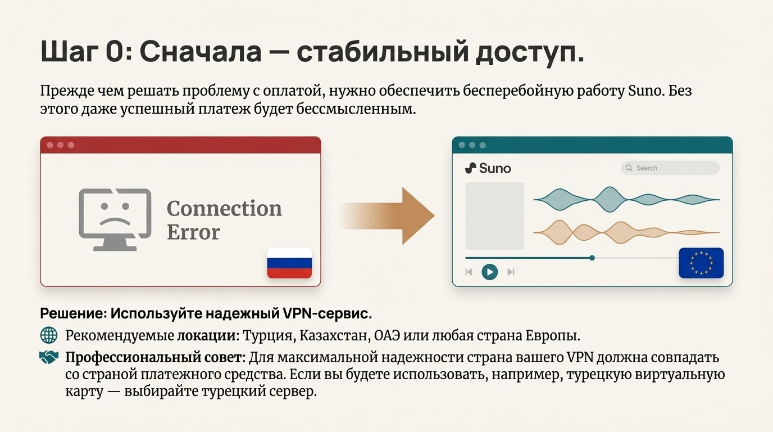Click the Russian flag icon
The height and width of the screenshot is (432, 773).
coord(289,263)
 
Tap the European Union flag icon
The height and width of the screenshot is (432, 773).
coord(701,263)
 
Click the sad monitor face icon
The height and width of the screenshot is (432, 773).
coord(115,219)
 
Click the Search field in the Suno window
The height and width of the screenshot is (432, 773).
coord(670,168)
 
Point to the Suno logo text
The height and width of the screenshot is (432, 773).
coord(488,168)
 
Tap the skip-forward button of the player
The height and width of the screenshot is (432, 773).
coord(511,272)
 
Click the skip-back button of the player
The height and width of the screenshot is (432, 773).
coord(469,272)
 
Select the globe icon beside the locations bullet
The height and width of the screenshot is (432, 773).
coord(49,336)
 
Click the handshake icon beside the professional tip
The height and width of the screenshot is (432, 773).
coord(49,357)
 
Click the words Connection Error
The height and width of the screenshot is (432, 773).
coord(224,220)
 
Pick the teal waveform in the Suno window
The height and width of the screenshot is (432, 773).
coord(626,199)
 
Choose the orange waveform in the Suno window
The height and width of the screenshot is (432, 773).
coord(626,232)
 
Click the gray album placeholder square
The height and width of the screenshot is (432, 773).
coord(494,215)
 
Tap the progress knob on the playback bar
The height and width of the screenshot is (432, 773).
coord(592,258)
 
